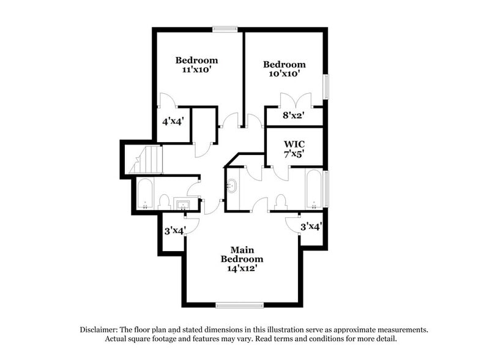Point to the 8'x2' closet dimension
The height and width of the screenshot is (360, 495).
point(293,114)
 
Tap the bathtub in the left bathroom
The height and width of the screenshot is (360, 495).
point(145,193)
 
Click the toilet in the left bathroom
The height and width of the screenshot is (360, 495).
point(164,200)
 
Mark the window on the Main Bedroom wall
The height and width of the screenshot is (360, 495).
point(239,304)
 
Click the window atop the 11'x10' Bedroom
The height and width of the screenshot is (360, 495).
point(225,28)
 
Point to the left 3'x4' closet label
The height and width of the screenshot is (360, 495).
point(174,231)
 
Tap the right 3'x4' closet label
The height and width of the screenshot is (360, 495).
point(311,226)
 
